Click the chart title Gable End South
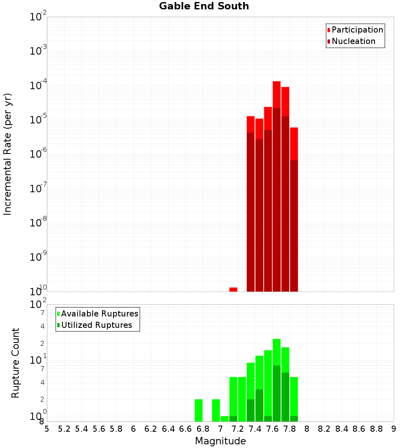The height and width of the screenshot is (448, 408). (204, 6)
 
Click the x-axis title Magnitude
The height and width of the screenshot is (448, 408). (220, 441)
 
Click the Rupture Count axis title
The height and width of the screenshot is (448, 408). (16, 362)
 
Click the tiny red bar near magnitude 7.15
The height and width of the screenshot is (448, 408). (233, 289)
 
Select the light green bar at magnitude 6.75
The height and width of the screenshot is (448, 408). (199, 410)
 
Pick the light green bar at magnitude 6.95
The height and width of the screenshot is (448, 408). (216, 410)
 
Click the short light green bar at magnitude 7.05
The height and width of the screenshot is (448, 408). (224, 419)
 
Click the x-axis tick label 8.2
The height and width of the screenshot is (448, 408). (324, 429)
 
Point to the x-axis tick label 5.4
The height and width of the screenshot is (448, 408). (82, 429)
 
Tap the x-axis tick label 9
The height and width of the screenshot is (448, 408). (394, 429)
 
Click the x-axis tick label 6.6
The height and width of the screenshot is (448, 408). (186, 429)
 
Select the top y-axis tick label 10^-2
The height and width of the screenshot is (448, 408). (38, 17)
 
